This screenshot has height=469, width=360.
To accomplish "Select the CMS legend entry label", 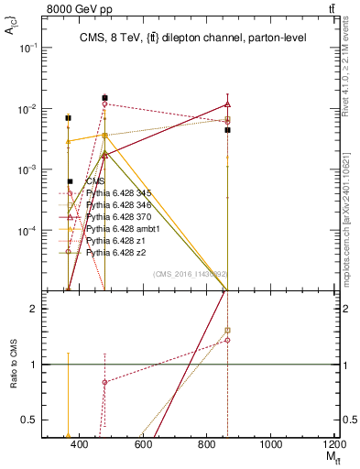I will [94, 181].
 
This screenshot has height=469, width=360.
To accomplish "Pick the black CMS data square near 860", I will [227, 130].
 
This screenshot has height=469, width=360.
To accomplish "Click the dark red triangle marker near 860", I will [227, 105].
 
